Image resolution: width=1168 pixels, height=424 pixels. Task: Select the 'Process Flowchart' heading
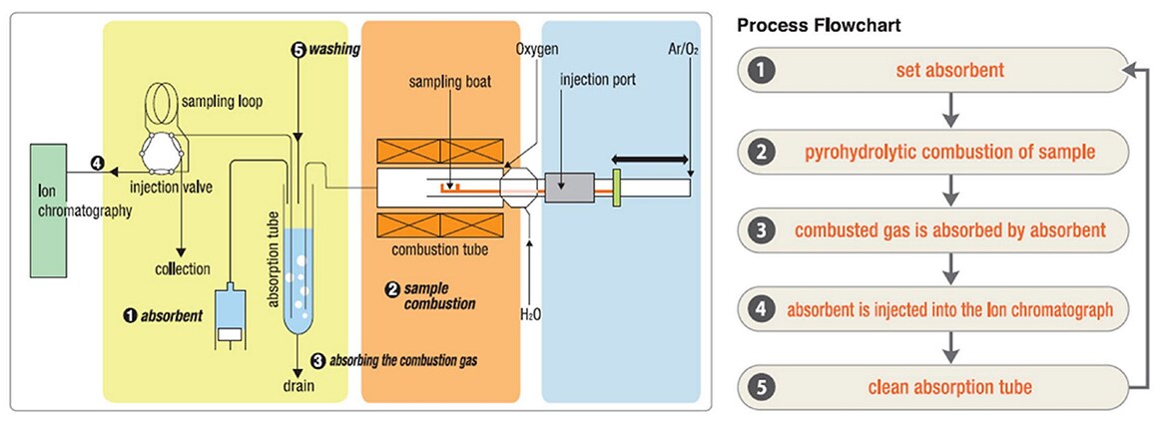click(x=820, y=25)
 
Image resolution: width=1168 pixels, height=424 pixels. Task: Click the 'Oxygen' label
click(x=537, y=47)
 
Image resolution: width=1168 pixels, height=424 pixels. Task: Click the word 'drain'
click(x=297, y=383)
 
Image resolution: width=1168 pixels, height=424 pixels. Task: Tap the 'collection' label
click(x=182, y=268)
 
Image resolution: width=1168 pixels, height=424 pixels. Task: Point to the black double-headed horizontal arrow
click(x=649, y=159)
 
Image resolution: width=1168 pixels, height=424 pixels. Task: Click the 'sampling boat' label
click(x=450, y=81)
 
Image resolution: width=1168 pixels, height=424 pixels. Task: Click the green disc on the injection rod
click(x=618, y=187)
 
